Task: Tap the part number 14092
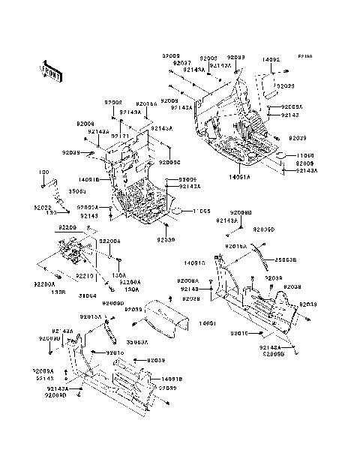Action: click(271, 59)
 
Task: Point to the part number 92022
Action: click(42, 207)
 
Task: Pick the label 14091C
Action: click(194, 263)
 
